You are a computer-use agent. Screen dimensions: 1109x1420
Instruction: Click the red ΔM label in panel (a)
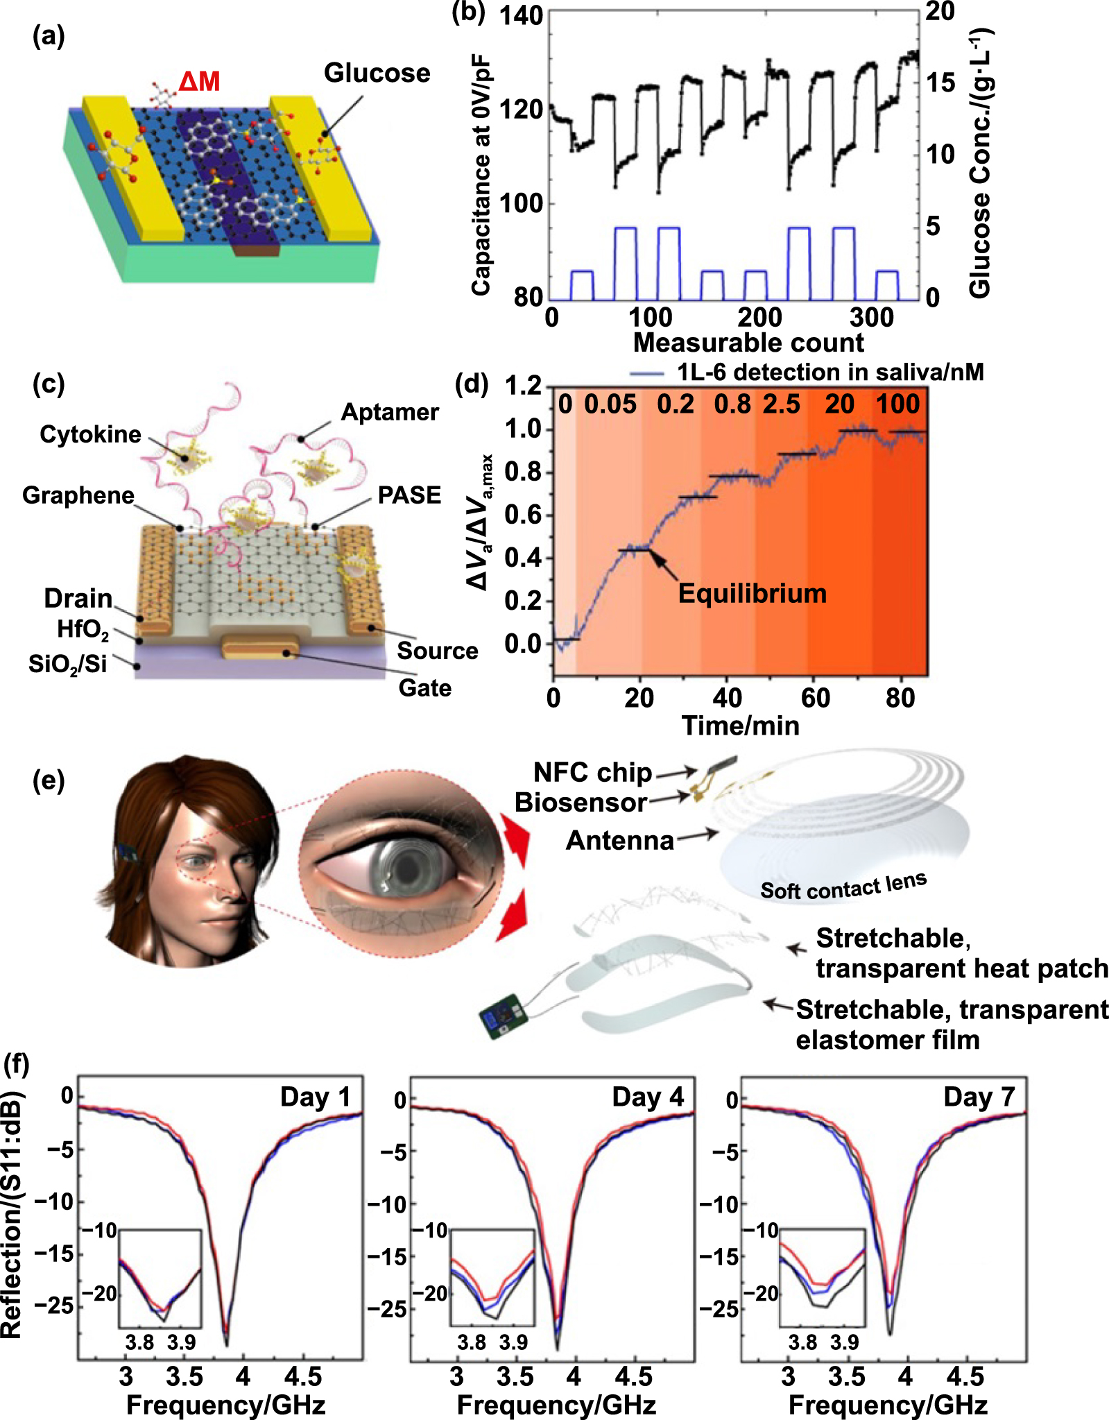tap(199, 82)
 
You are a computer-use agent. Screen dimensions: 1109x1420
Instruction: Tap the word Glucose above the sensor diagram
tap(377, 73)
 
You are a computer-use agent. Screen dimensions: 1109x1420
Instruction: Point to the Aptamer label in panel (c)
tap(390, 412)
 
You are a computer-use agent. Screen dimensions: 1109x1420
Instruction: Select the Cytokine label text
tap(90, 434)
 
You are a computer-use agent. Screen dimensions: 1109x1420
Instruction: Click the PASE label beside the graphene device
tap(409, 495)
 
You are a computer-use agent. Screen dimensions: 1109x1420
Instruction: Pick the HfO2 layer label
tap(83, 630)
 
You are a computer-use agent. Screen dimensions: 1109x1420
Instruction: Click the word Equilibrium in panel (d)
tap(753, 594)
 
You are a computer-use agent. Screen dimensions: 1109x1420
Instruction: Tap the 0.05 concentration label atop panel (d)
tap(610, 404)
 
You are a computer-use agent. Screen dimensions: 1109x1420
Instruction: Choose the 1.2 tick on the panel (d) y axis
tap(523, 385)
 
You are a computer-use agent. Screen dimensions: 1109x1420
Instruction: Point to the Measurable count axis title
tap(748, 343)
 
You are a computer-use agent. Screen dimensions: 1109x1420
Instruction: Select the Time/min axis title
tap(741, 726)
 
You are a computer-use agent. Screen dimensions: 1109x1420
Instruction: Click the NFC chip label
tap(593, 772)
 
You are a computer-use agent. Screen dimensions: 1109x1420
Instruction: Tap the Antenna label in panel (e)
tap(620, 840)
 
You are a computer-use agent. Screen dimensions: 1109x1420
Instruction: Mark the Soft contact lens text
tap(843, 886)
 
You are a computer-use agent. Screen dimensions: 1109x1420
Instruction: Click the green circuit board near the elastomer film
tap(504, 1017)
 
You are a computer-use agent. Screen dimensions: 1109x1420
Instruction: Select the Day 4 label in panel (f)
tap(648, 1097)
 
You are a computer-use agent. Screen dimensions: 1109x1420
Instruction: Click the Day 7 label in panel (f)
tap(979, 1097)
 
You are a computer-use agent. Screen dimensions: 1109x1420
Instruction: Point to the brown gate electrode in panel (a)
tap(257, 250)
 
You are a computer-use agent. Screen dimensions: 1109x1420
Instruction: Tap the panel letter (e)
tap(49, 781)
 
